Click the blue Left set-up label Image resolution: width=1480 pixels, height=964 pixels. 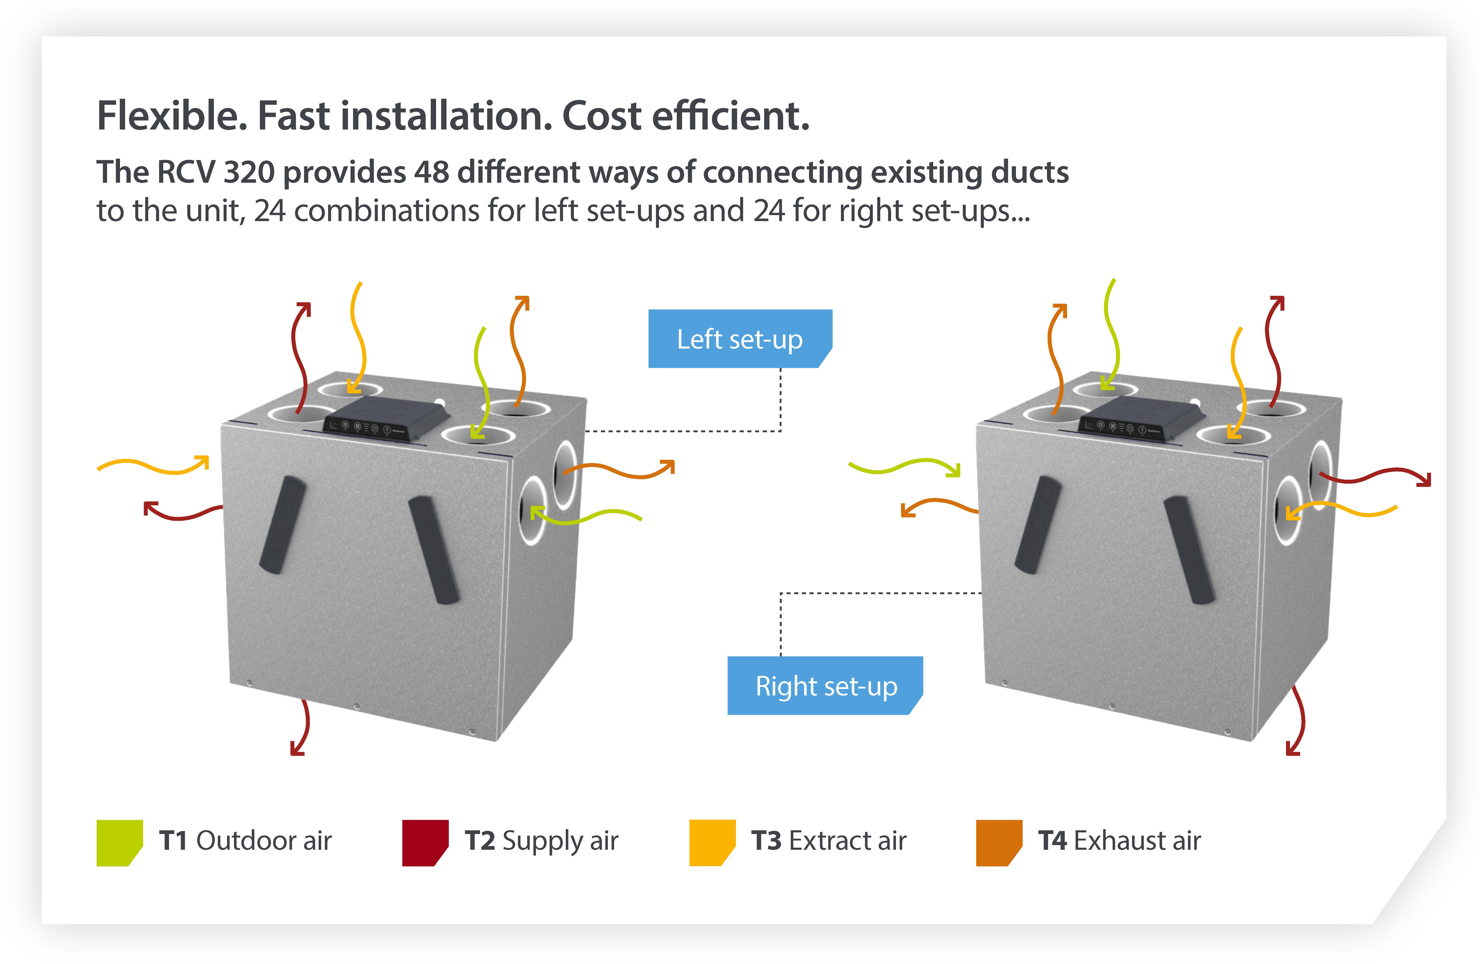tap(739, 339)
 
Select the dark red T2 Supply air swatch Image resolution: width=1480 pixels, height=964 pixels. tap(425, 842)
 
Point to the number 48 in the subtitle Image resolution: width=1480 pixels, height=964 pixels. tap(432, 172)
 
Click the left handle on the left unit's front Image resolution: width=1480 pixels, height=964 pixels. tap(283, 524)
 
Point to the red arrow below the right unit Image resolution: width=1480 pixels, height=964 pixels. tap(1298, 721)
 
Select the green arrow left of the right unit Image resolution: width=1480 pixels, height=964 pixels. tap(905, 467)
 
